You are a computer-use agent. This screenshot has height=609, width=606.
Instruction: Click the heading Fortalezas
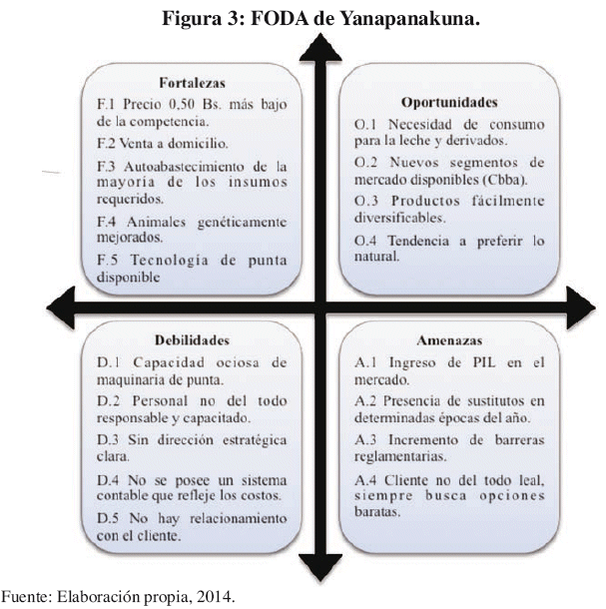[193, 83]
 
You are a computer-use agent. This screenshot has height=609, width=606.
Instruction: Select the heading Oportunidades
[449, 102]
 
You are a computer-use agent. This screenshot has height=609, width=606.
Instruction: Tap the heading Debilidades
[193, 340]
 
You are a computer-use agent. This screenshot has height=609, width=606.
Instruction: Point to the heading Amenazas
[449, 340]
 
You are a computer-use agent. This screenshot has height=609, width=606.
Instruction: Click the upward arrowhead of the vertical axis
[320, 47]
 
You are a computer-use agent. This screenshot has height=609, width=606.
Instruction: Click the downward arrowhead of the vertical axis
[320, 568]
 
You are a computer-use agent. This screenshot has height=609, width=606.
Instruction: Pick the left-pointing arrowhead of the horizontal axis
[61, 308]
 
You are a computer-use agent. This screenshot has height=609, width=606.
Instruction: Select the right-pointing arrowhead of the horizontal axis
[581, 308]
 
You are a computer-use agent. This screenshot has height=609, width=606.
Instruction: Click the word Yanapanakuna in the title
[410, 18]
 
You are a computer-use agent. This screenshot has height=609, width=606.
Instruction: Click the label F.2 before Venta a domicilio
[106, 144]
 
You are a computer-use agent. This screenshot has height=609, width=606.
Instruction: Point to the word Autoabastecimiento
[184, 167]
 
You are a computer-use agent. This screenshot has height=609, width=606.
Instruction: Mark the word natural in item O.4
[376, 257]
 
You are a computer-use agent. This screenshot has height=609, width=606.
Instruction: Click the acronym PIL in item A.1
[484, 362]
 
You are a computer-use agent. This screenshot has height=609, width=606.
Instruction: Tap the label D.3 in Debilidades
[108, 439]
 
